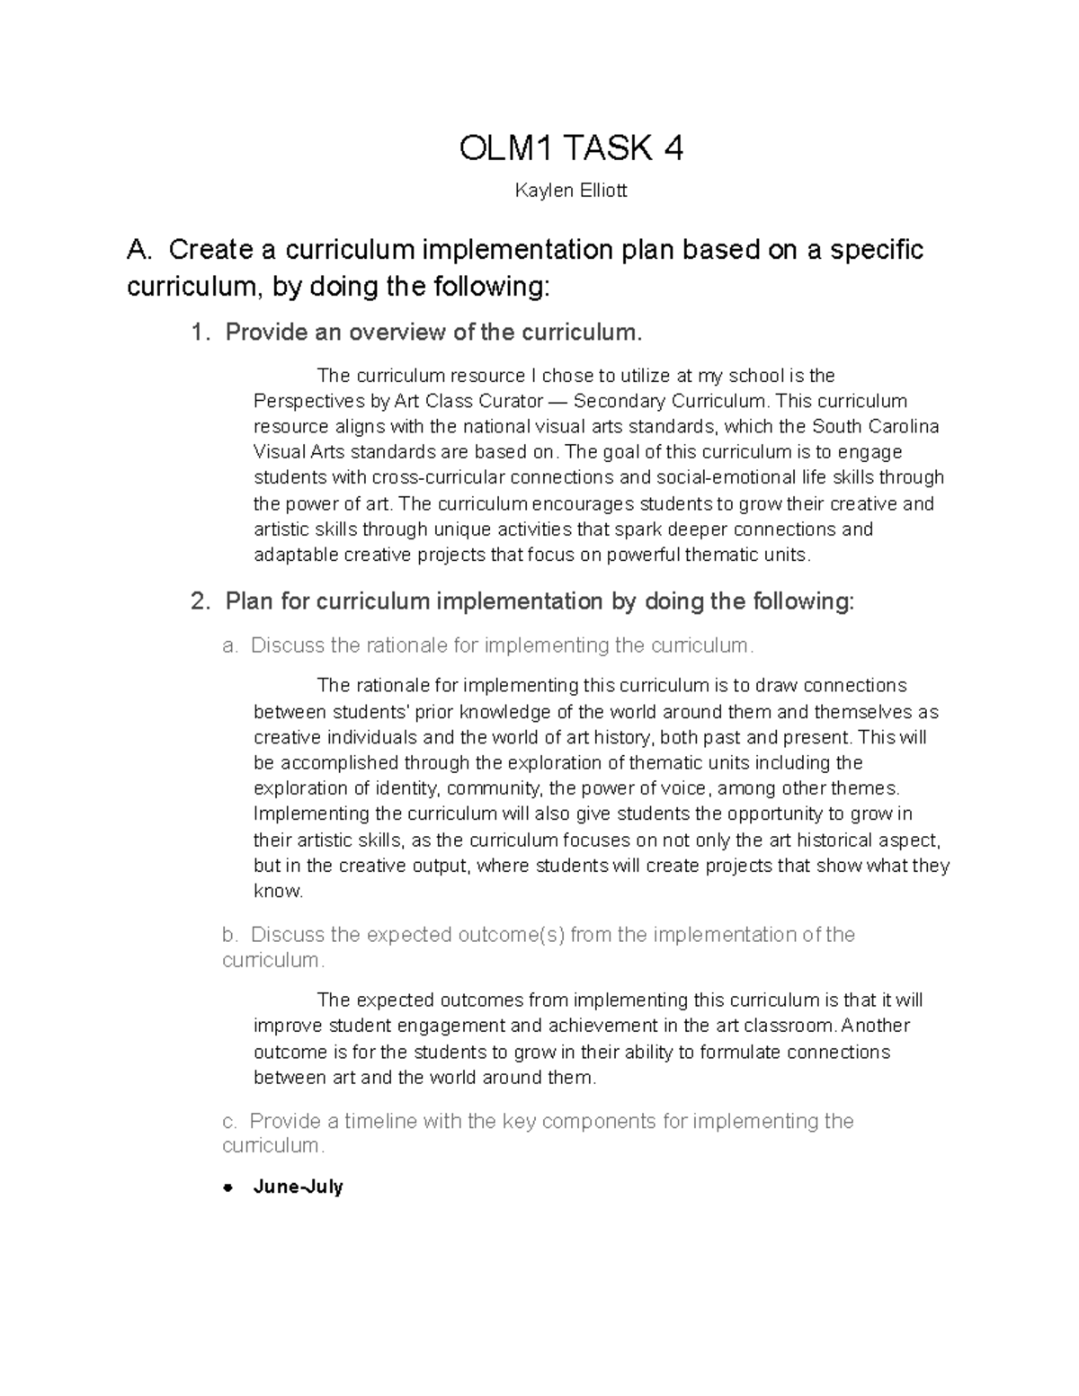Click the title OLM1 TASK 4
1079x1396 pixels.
tap(571, 148)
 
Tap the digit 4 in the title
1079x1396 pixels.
tap(673, 148)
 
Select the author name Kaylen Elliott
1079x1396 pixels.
tap(571, 191)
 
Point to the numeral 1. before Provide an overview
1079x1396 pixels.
tap(201, 333)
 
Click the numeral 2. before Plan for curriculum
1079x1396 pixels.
tap(201, 601)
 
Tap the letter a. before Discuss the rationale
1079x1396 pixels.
tap(230, 645)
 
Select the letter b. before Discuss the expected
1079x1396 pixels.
tap(230, 935)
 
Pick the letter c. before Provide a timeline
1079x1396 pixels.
tap(229, 1121)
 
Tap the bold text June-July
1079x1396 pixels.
tap(299, 1187)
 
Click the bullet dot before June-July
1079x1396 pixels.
tap(228, 1187)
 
